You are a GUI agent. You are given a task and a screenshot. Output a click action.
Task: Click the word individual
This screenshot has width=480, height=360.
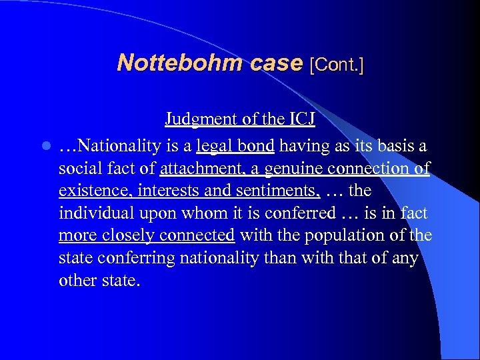(x=96, y=213)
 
